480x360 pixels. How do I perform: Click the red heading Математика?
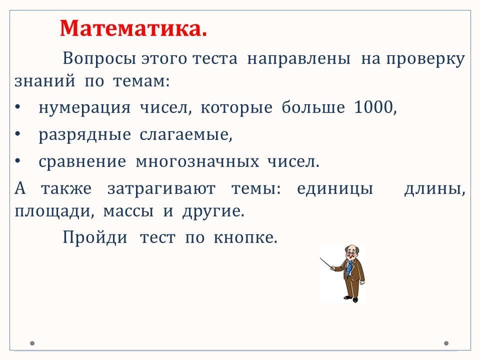(x=133, y=28)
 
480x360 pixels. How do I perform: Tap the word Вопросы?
(x=99, y=58)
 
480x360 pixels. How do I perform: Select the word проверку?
(x=425, y=59)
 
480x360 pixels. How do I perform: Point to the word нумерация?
(x=85, y=108)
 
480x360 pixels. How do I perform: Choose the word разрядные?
(x=85, y=135)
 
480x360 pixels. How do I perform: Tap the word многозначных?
(x=197, y=161)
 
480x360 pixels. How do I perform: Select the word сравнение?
(x=82, y=162)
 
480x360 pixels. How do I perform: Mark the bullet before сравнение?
(x=18, y=161)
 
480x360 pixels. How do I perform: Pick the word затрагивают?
(x=161, y=189)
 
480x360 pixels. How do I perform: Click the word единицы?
(x=335, y=189)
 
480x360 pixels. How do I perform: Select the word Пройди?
(x=95, y=237)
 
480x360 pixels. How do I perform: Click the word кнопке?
(x=245, y=237)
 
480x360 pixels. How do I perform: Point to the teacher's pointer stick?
(x=326, y=263)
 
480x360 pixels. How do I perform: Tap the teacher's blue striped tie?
(x=348, y=268)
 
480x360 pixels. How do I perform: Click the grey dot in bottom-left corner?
(x=32, y=343)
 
